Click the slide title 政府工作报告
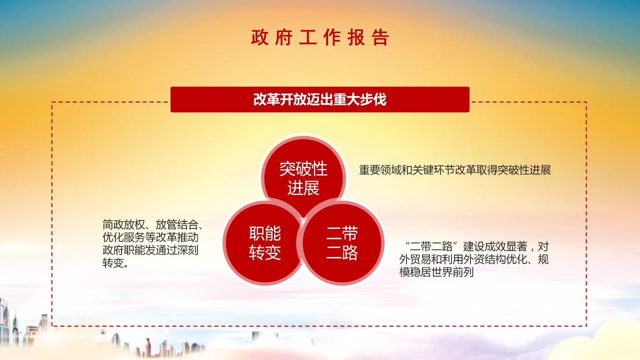click(x=320, y=38)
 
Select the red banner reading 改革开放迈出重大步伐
click(x=320, y=99)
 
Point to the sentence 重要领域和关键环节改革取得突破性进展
click(x=455, y=170)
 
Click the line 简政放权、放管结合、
click(x=152, y=224)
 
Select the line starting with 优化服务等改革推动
click(x=150, y=237)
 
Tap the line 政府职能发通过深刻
click(x=150, y=250)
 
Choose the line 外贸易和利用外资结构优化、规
click(x=474, y=259)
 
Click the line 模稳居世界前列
click(x=436, y=272)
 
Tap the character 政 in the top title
click(x=260, y=38)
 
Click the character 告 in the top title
click(x=380, y=38)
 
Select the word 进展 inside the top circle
click(x=303, y=188)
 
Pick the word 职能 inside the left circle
click(x=265, y=233)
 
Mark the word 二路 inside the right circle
click(x=342, y=253)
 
